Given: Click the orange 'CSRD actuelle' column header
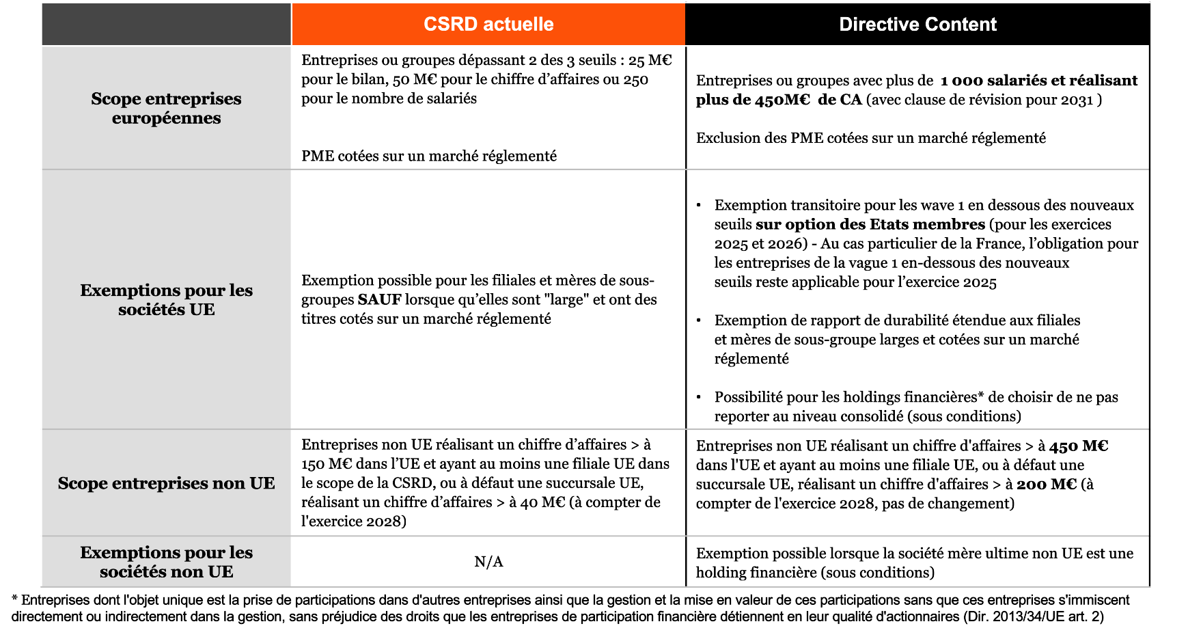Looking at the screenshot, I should (x=488, y=25).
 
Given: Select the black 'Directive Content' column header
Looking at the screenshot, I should (x=917, y=25).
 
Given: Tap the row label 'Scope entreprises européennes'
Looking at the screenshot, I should (x=166, y=108).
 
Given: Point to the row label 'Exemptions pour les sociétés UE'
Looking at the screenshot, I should (x=166, y=299).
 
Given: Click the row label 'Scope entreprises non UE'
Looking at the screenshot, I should (x=166, y=483).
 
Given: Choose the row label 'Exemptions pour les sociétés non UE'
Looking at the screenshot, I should (x=166, y=562).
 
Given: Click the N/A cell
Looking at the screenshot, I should (x=488, y=562).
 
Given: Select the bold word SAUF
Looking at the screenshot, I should (x=379, y=300).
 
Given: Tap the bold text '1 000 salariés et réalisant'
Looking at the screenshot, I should (x=1038, y=81).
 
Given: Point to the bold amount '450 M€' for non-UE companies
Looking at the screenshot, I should (x=1079, y=446).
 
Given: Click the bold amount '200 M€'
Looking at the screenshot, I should (x=1046, y=485).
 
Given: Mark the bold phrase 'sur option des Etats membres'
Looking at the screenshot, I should (x=870, y=225).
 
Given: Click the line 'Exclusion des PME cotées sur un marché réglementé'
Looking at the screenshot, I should (x=870, y=138).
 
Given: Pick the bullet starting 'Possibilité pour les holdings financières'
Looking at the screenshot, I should (x=915, y=398).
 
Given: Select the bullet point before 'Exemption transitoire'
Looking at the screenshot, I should (x=699, y=206).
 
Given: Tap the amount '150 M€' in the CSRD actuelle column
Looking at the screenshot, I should (x=325, y=464).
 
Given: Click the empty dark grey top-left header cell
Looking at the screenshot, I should (x=166, y=25).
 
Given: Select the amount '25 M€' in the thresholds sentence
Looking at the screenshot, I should (x=650, y=61).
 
